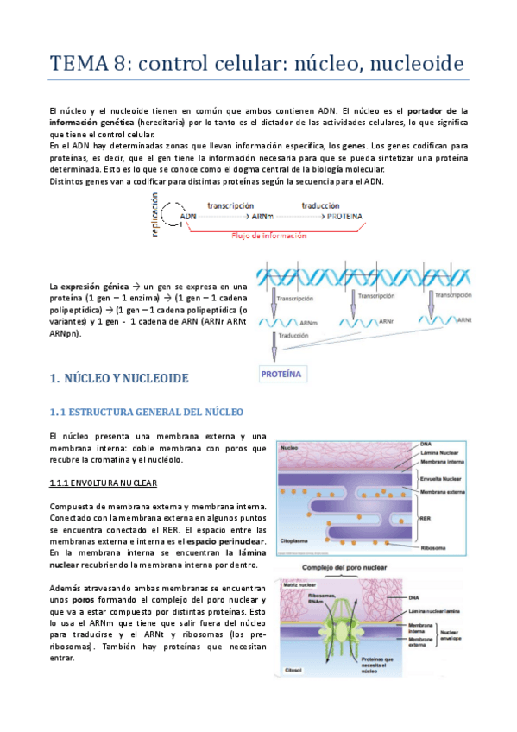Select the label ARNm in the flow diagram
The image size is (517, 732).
pyautogui.click(x=264, y=217)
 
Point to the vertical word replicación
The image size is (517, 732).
pyautogui.click(x=155, y=215)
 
